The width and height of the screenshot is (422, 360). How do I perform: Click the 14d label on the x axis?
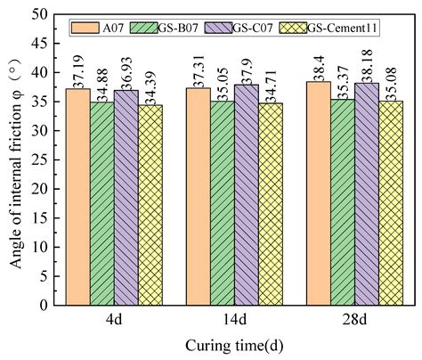pos(233,318)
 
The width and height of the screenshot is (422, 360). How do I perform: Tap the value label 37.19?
pos(78,70)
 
